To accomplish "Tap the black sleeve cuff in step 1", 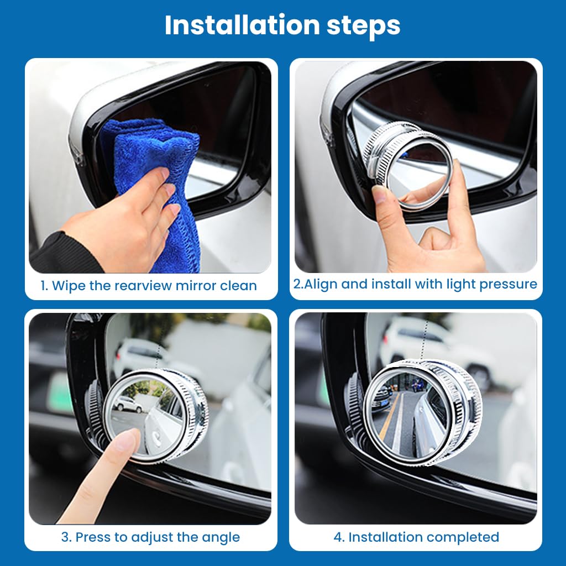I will (61, 254).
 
